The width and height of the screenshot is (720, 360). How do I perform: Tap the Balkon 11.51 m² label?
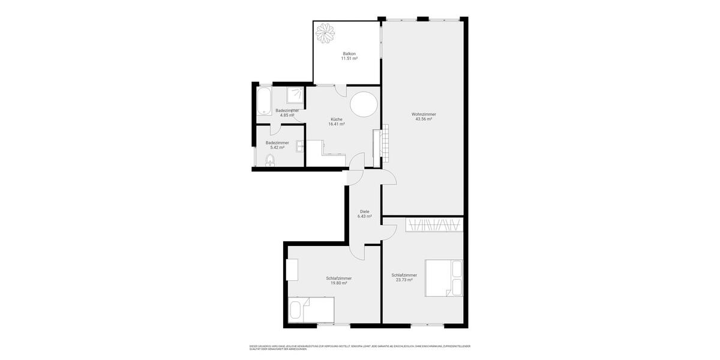[x=349, y=56]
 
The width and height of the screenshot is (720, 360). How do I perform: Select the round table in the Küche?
[x=364, y=105]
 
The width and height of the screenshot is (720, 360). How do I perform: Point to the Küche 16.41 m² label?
[x=336, y=122]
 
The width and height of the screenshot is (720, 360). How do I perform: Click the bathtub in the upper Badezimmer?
[x=264, y=101]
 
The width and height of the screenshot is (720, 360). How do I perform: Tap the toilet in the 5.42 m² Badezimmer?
[x=269, y=160]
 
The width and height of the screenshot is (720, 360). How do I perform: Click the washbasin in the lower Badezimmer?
[x=299, y=145]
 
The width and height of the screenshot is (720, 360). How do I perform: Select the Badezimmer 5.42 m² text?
[x=277, y=145]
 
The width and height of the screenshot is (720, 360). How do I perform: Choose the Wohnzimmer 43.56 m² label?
[x=424, y=116]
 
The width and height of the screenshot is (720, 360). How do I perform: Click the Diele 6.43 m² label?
[x=364, y=214]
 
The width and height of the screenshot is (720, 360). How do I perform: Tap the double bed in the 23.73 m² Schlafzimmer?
[x=444, y=277]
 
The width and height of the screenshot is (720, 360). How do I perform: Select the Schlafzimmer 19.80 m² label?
[x=339, y=280]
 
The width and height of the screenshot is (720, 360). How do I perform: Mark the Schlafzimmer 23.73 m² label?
[x=404, y=277]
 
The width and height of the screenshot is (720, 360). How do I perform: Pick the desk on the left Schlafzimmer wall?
[x=293, y=269]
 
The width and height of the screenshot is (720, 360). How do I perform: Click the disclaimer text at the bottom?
[x=360, y=347]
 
